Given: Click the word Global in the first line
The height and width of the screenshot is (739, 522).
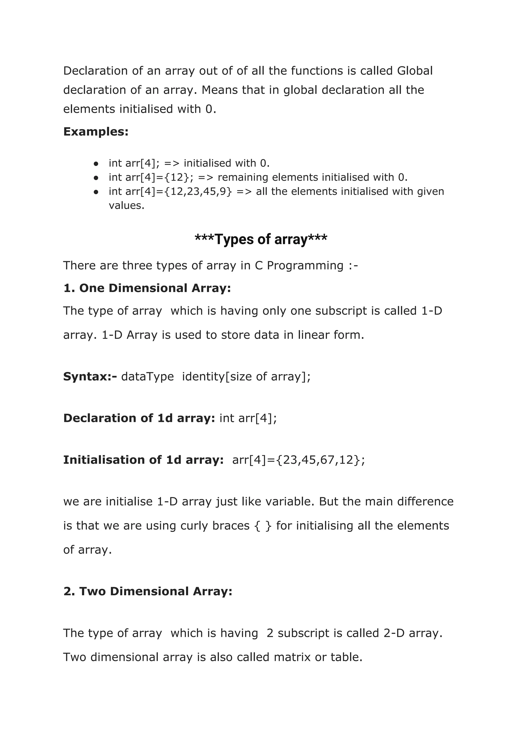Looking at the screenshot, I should (415, 71).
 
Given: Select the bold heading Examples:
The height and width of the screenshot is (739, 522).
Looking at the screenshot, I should (96, 132).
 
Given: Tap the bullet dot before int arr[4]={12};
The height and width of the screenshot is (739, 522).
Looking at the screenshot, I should (96, 178).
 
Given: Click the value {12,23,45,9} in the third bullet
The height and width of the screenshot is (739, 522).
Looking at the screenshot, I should (198, 191).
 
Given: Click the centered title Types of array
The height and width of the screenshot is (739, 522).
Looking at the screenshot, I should (261, 240).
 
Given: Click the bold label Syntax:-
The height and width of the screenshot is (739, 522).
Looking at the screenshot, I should (90, 377).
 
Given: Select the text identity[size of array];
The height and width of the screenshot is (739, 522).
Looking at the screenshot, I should (246, 377).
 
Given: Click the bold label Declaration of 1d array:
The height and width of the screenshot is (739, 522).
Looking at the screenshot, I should (139, 418).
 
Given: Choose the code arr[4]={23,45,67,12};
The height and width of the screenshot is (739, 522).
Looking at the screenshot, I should (299, 460).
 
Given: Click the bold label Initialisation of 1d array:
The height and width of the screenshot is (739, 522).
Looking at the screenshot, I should (143, 460).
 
